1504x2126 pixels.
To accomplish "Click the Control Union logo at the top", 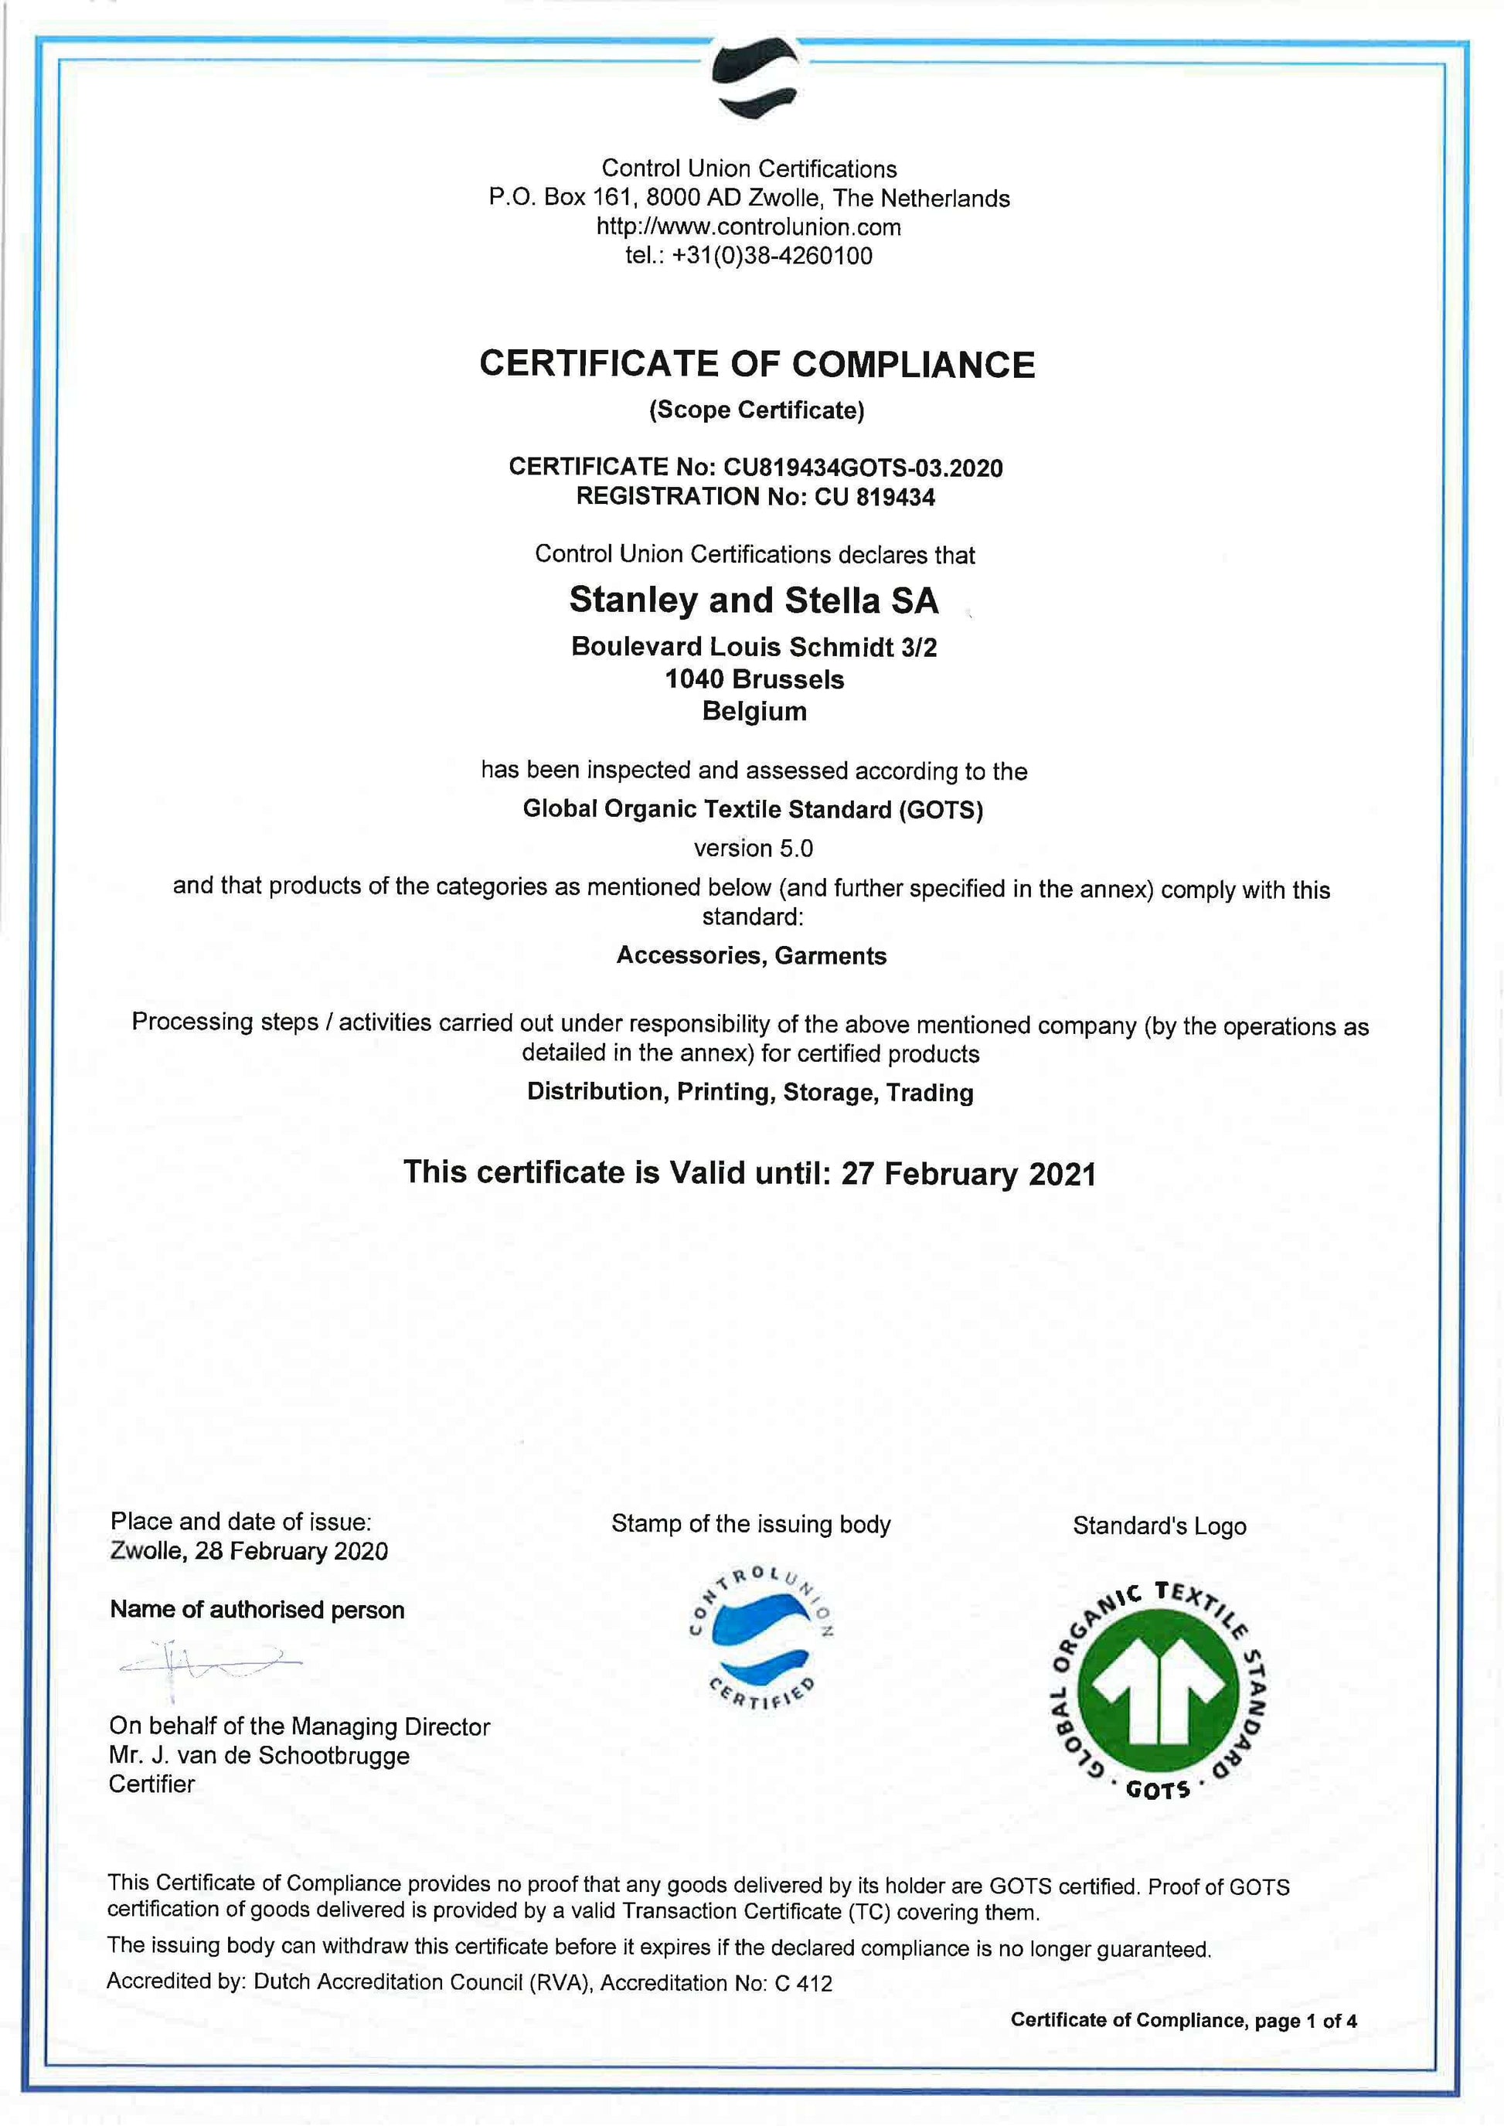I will click(x=756, y=78).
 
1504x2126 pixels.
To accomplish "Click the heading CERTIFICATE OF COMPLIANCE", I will click(x=757, y=364).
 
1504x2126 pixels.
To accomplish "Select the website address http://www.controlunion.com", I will click(x=748, y=227).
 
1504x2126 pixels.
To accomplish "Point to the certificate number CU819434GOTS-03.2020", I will click(x=863, y=468).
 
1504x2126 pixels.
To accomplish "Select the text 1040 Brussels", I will click(x=754, y=679).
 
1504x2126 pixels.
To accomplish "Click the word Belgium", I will click(x=754, y=711).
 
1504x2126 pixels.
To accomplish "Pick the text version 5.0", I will click(x=753, y=849).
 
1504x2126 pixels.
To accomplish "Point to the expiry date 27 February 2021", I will click(x=968, y=1173).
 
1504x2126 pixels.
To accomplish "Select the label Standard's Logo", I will click(x=1159, y=1526).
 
